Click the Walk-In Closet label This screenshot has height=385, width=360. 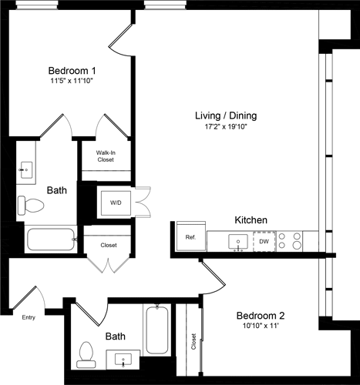click(x=106, y=156)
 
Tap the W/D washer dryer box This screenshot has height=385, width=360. click(x=116, y=203)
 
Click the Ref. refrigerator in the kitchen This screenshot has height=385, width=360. click(x=190, y=237)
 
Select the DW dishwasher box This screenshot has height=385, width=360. click(x=264, y=241)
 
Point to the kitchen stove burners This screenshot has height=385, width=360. click(x=292, y=241)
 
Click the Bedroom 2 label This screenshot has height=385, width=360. click(x=261, y=316)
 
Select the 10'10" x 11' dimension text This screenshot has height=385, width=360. click(x=261, y=327)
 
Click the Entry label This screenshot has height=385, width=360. click(x=29, y=317)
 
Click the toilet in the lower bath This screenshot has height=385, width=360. click(x=86, y=353)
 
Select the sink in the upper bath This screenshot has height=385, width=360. click(x=26, y=169)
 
